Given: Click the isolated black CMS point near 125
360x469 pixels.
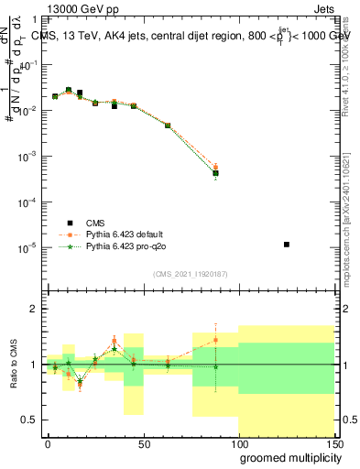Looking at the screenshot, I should click(x=287, y=245).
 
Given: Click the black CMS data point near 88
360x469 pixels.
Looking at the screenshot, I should click(x=215, y=172).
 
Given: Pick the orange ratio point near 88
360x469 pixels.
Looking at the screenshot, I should click(x=215, y=340).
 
